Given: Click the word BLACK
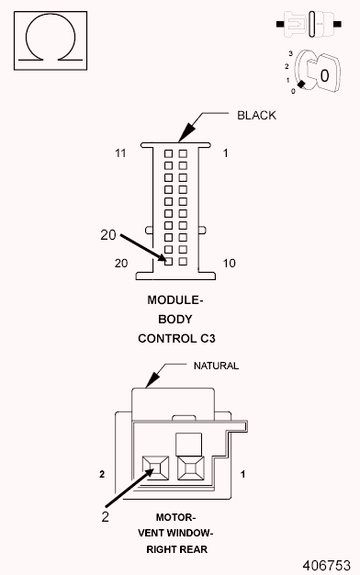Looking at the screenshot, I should coord(256,116).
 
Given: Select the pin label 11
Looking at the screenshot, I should coord(120,152).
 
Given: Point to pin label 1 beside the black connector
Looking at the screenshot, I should coord(226,152).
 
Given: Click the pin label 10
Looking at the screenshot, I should coord(229,263).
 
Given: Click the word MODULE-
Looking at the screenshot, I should coord(174,300).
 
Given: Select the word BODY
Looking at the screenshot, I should coord(175,319).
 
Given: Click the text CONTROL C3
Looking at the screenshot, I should coord(175,338).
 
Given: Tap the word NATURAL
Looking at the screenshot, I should coord(216,366).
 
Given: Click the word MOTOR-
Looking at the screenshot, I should coord(175,518).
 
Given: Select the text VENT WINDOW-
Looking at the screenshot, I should coord(175,534).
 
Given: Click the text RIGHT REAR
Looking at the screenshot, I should coord(175,549).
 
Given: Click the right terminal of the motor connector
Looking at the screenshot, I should coord(190,469).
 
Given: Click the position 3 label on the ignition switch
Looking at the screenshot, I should coord(289,54).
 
